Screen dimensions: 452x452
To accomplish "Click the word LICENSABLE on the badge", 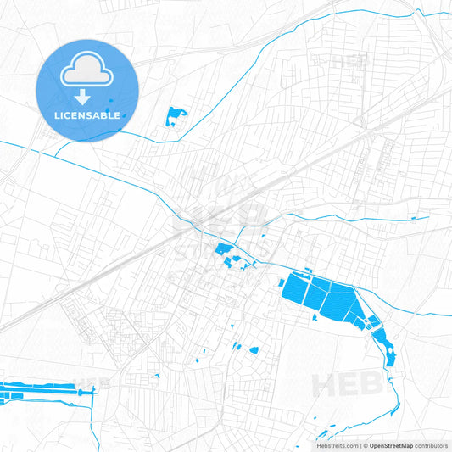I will pyautogui.click(x=86, y=114).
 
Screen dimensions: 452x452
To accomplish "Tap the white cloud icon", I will pyautogui.click(x=86, y=70).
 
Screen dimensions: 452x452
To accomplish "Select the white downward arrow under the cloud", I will pyautogui.click(x=86, y=95).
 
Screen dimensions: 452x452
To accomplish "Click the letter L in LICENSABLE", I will pyautogui.click(x=56, y=114).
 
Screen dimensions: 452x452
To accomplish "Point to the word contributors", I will pyautogui.click(x=432, y=445).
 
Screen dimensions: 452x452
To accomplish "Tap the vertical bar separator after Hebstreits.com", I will pyautogui.click(x=360, y=445).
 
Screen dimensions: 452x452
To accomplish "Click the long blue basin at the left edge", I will pyautogui.click(x=34, y=393).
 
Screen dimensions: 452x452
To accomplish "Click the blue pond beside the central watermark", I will pyautogui.click(x=225, y=249).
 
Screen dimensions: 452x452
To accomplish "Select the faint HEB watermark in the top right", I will pyautogui.click(x=349, y=61).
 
